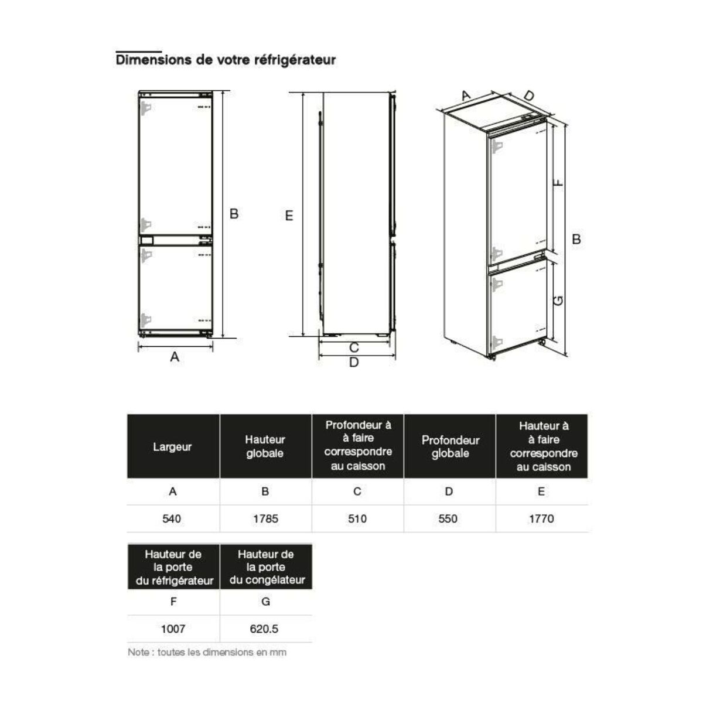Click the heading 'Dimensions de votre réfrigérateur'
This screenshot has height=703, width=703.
[226, 60]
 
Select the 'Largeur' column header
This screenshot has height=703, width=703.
[172, 447]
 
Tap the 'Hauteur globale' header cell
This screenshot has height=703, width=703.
[265, 446]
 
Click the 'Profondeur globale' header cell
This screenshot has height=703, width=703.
[449, 446]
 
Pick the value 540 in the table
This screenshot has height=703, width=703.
[172, 518]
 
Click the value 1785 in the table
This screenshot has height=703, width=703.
[265, 518]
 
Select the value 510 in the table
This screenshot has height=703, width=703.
[357, 518]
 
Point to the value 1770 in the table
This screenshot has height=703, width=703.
[541, 518]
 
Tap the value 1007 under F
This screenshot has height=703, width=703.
[173, 629]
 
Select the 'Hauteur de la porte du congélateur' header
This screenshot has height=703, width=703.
[265, 567]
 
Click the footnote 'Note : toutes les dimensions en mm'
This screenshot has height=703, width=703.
[207, 652]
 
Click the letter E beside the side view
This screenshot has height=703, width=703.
[289, 216]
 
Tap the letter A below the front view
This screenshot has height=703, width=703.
[175, 356]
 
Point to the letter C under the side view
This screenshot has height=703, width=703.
[354, 348]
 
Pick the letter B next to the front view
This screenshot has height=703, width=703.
[234, 214]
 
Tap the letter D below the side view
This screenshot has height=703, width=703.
[354, 363]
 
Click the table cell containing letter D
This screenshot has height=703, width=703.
[449, 492]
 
